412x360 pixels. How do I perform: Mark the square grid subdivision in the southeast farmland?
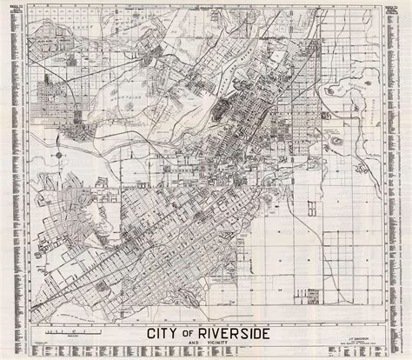click(348, 261)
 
